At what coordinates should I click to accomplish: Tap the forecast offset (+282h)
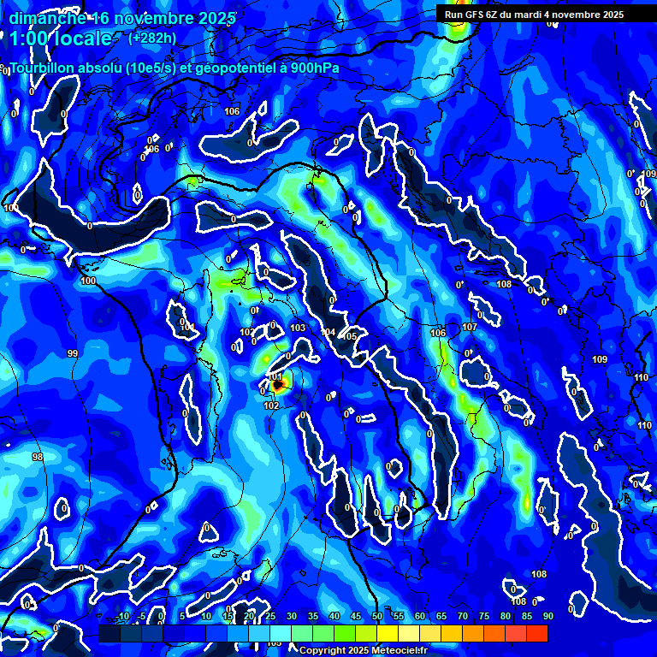pos(151,38)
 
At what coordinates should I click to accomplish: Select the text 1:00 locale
pos(61,38)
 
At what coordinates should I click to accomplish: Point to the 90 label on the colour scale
pos(547,617)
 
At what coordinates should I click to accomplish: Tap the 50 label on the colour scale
pos(377,617)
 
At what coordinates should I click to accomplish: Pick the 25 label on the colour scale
pos(270,617)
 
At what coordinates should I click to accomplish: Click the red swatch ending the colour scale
pos(536,633)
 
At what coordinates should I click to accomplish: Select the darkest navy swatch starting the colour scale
pos(109,633)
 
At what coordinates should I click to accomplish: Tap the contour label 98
pos(38,458)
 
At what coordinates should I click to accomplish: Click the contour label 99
pos(72,353)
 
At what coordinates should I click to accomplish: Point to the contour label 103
pos(298,328)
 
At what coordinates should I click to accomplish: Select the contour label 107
pos(470,328)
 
